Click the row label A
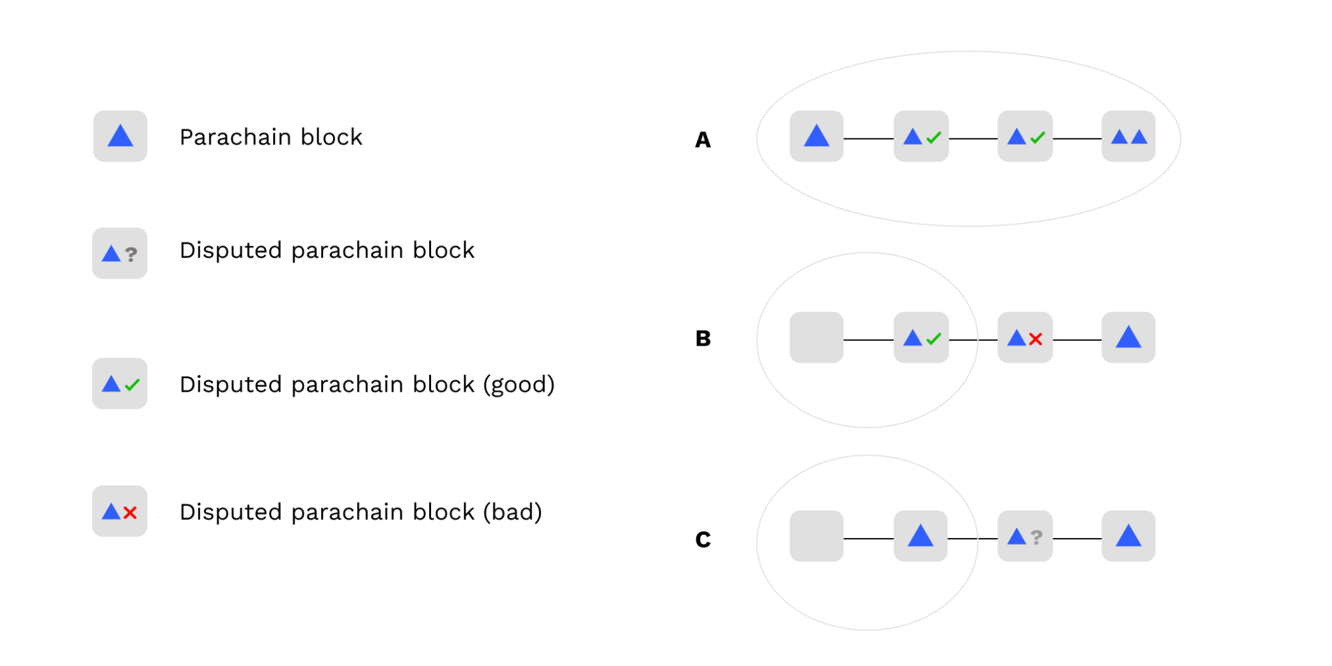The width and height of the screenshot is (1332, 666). click(702, 140)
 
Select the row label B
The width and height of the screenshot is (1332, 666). click(703, 338)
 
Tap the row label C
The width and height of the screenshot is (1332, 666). click(703, 539)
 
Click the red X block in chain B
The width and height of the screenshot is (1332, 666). click(1025, 338)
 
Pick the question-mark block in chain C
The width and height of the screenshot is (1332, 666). click(1025, 536)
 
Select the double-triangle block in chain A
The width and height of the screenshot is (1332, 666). click(1128, 137)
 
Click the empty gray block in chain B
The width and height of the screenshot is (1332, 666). click(816, 338)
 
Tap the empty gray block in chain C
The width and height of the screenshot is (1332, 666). click(816, 536)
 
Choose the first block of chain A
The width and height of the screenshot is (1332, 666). click(816, 137)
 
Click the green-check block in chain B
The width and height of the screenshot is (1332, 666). click(921, 338)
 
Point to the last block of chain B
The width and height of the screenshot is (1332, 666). click(1128, 338)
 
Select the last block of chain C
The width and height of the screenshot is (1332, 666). click(1128, 536)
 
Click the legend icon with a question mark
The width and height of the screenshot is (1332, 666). click(120, 253)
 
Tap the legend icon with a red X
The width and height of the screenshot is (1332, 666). click(120, 511)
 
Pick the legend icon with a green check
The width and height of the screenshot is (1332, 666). click(120, 384)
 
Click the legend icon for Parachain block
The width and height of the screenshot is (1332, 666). click(120, 136)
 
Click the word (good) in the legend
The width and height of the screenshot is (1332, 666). click(518, 385)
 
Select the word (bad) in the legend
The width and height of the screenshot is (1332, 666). click(512, 512)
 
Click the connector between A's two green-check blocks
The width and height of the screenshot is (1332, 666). click(973, 139)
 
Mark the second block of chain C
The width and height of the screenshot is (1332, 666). click(920, 536)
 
